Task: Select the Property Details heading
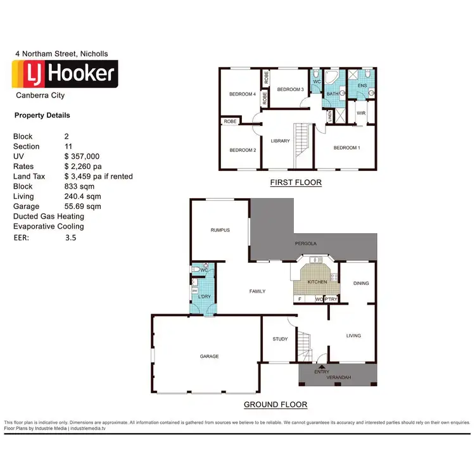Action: (x=42, y=115)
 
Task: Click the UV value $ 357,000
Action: (x=82, y=156)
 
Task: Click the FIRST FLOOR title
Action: (x=296, y=182)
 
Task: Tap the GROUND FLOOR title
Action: (x=275, y=405)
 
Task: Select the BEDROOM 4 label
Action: (x=242, y=94)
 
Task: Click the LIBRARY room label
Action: (x=280, y=141)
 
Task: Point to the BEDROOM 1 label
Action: (x=346, y=148)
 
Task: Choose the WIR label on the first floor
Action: (x=361, y=113)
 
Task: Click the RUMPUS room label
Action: (x=220, y=230)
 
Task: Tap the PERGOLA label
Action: (x=305, y=243)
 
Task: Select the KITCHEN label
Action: (x=316, y=282)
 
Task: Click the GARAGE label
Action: (x=209, y=357)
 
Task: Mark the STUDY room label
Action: (x=280, y=339)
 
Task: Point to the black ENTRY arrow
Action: (x=321, y=366)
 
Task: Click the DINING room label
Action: (x=361, y=283)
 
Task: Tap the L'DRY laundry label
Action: (x=204, y=297)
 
